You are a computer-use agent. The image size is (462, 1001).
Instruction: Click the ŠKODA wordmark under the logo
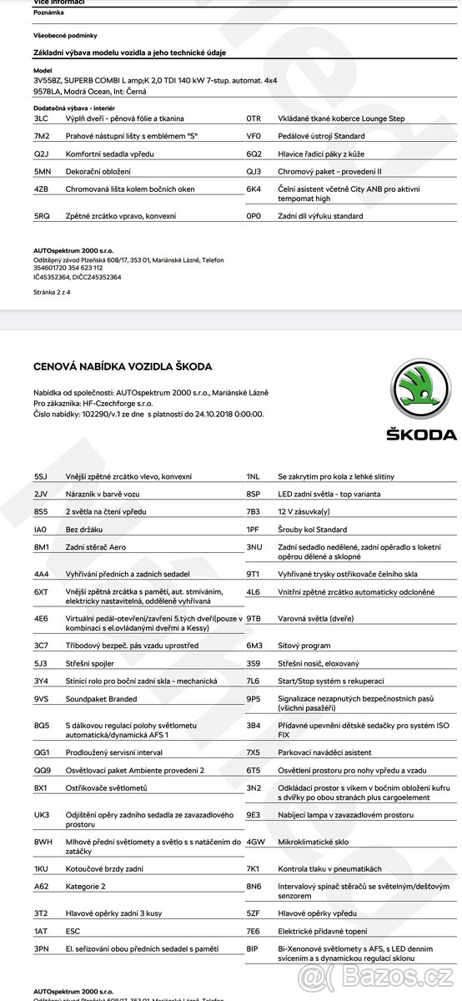tap(420, 435)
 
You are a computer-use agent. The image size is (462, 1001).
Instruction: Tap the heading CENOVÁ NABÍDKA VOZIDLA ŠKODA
tap(123, 366)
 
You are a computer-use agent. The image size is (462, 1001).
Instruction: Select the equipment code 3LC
tap(41, 118)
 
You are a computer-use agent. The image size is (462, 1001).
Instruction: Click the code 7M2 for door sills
tap(41, 135)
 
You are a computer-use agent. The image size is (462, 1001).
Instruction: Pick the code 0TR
tap(254, 118)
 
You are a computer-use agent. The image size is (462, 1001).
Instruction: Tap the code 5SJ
tap(41, 476)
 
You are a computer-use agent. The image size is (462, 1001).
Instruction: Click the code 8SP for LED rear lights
tap(254, 494)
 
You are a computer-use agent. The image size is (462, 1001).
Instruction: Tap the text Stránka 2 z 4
tap(53, 292)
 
